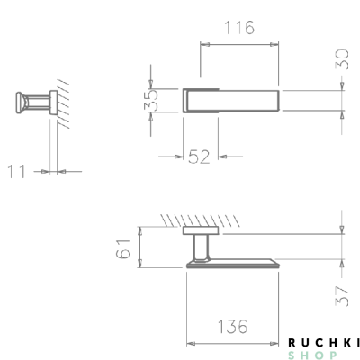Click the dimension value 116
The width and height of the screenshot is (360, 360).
click(x=238, y=27)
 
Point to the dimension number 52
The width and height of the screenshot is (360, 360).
click(x=199, y=157)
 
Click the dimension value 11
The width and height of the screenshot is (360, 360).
click(x=19, y=168)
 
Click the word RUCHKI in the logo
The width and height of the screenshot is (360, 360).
click(x=323, y=342)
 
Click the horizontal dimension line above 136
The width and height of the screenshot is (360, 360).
click(x=232, y=342)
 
